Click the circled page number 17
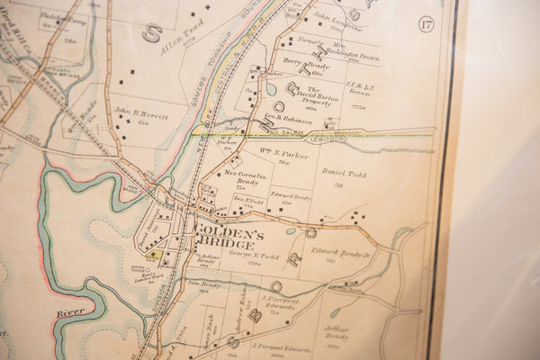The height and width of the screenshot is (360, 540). pyautogui.click(x=426, y=23)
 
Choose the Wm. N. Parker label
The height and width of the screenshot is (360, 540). pyautogui.click(x=284, y=152)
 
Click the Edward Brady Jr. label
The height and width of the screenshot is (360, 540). pyautogui.click(x=341, y=253)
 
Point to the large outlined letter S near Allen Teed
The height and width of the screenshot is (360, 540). pyautogui.click(x=153, y=32)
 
